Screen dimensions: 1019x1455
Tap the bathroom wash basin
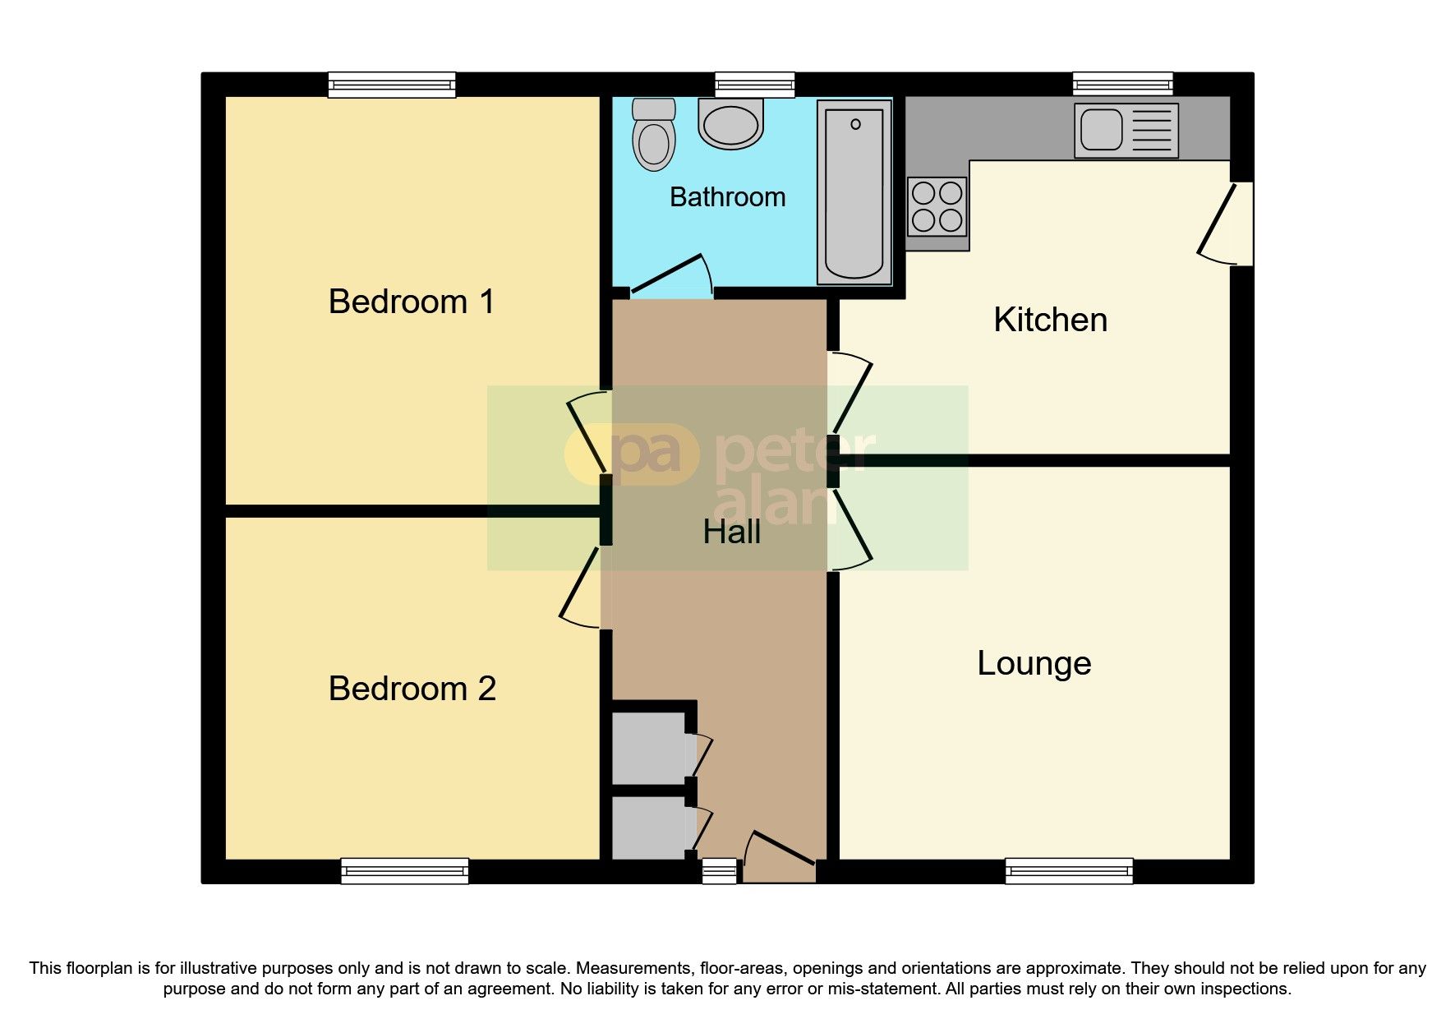pos(730,124)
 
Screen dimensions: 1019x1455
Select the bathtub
pos(854,193)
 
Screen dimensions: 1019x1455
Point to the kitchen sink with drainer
pos(1126,131)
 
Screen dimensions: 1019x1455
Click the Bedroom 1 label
pos(412,302)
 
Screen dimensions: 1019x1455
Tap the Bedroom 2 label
pos(412,689)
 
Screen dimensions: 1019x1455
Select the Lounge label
pos(1034,663)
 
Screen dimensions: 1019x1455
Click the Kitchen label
pos(1050,320)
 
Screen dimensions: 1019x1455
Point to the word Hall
pos(731,533)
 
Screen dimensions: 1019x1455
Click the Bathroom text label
pos(727,197)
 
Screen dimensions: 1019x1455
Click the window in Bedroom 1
pos(392,85)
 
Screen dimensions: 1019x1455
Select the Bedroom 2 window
pos(404,871)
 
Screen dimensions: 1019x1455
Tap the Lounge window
pos(1069,871)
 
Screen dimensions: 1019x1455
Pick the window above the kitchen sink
pos(1122,84)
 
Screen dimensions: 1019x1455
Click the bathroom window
pos(754,84)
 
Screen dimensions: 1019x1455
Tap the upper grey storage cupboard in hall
pos(649,748)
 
